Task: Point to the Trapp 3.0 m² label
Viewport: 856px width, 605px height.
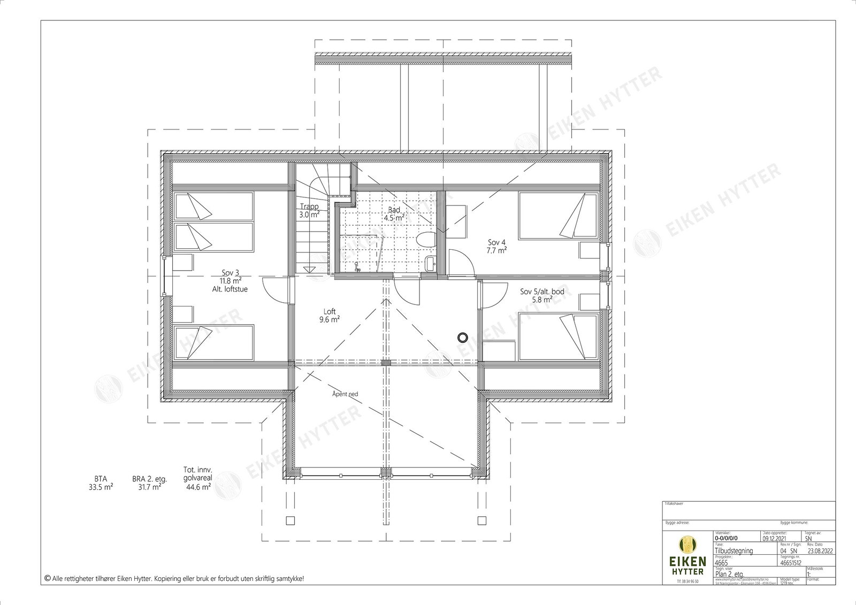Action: (309, 210)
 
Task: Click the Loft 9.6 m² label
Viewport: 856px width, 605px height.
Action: (330, 316)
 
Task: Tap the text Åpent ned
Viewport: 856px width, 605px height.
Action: (345, 394)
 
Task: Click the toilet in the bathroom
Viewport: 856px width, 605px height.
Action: (426, 240)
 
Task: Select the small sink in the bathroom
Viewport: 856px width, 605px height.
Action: (431, 263)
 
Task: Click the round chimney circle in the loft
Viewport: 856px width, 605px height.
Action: (462, 337)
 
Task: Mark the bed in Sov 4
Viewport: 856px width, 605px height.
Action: (557, 216)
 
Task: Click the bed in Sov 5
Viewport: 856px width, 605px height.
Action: (557, 337)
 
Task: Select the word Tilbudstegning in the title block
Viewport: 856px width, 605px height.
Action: (733, 550)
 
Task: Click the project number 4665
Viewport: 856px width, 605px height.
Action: (722, 563)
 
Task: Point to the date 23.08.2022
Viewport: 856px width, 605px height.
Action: (817, 550)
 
